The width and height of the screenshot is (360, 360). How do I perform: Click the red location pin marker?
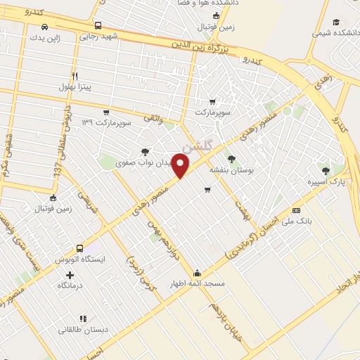click(181, 167)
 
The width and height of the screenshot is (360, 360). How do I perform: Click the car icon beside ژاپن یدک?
click(45, 27)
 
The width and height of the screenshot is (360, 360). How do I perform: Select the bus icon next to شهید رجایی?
click(96, 26)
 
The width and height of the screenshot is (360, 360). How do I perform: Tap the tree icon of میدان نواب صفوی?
click(145, 151)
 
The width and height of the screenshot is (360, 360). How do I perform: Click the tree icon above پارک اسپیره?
click(325, 170)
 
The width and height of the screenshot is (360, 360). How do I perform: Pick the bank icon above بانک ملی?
click(296, 210)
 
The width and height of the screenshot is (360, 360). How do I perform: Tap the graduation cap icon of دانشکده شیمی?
click(336, 22)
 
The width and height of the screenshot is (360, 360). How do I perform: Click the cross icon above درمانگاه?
click(69, 274)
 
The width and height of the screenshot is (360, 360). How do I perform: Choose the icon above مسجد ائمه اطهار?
click(197, 274)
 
